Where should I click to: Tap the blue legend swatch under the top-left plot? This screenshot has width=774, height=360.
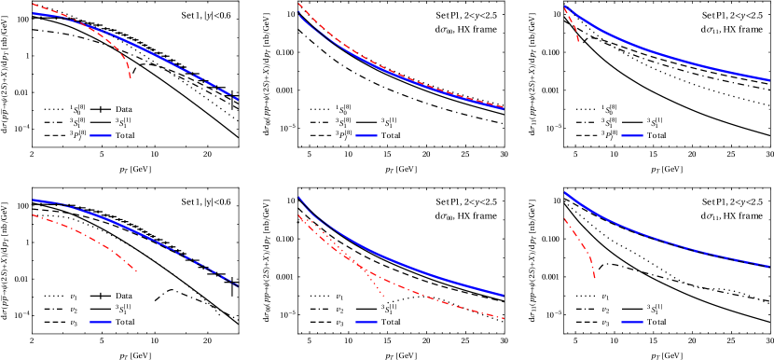[x=101, y=136]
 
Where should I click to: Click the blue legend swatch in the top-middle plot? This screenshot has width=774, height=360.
[x=366, y=136]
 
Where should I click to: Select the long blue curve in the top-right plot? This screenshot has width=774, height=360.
[x=671, y=56]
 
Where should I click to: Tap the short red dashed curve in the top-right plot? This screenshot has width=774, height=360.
[x=574, y=26]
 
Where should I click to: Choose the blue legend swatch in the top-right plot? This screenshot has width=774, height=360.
[x=632, y=136]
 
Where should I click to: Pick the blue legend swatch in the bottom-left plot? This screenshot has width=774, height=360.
[x=101, y=323]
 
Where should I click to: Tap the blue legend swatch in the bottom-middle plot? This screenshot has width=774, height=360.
[x=366, y=323]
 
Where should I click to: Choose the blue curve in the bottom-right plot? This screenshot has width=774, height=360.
[x=671, y=243]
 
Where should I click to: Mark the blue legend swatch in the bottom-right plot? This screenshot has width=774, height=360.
[x=632, y=323]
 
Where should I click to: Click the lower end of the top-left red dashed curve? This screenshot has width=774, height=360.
[x=130, y=76]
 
